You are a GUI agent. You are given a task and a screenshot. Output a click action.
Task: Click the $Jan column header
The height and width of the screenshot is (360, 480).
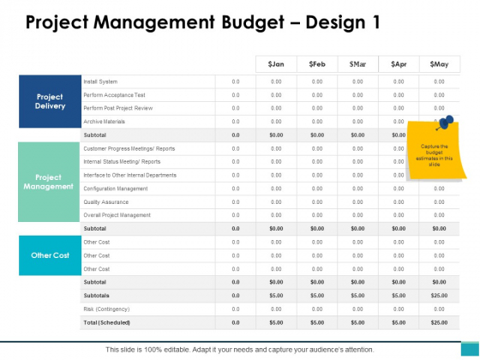[x=276, y=64]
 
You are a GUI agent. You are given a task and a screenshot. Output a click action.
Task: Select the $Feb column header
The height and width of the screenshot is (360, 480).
[x=316, y=64]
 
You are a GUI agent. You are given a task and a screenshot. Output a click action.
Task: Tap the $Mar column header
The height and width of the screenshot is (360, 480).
[x=357, y=64]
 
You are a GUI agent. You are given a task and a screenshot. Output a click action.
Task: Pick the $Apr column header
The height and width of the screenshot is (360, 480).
[x=398, y=64]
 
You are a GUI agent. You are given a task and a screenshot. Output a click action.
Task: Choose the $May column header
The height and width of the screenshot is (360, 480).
[x=439, y=64]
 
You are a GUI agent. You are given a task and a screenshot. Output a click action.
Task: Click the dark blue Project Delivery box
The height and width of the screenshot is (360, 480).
[x=50, y=102]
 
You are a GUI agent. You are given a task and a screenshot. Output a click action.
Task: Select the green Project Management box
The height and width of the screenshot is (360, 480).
[x=50, y=181]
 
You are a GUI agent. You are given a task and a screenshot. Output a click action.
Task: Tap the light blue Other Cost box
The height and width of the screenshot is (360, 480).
[x=50, y=255]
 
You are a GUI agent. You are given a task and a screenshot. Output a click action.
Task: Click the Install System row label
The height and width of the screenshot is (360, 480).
[x=101, y=81]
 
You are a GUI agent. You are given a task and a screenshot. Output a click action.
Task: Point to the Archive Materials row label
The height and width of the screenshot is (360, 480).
[x=104, y=122]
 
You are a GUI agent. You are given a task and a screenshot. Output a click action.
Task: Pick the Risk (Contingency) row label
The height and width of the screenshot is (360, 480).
[x=106, y=308]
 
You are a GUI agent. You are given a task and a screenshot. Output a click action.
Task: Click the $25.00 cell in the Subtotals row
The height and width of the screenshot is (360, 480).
[x=439, y=295]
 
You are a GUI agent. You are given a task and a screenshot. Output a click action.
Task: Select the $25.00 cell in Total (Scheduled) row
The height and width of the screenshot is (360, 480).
[x=439, y=321]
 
